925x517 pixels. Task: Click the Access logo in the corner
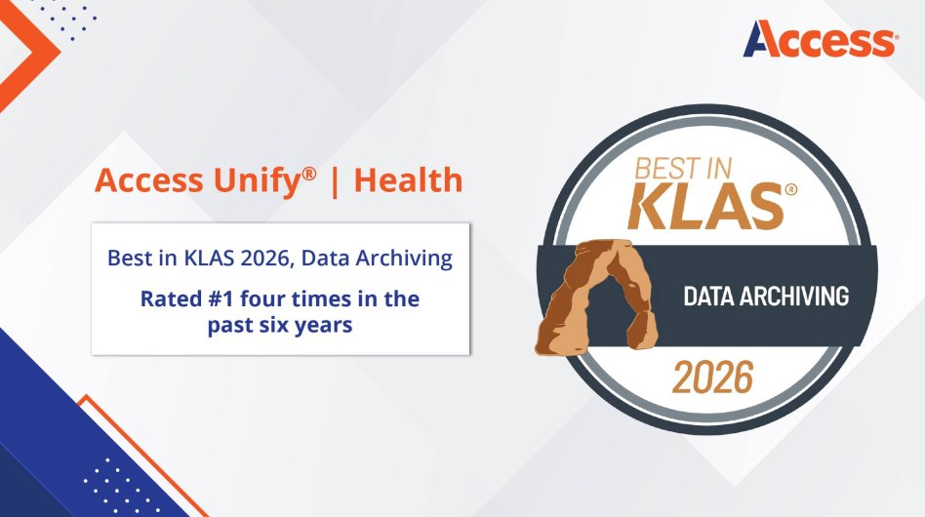coord(821,38)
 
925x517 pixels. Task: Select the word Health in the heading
coord(408,179)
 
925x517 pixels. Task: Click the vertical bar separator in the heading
coord(335,181)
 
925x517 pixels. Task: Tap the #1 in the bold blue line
coord(221,298)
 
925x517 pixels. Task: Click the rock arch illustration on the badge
coord(597,296)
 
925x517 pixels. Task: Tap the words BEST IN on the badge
coord(683,168)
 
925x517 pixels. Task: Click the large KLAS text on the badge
coord(706,206)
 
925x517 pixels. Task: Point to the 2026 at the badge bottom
coord(713,378)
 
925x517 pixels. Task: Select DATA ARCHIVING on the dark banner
coord(766,296)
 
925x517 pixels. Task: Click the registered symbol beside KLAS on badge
coord(791,189)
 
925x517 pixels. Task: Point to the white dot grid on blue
coord(113,485)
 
